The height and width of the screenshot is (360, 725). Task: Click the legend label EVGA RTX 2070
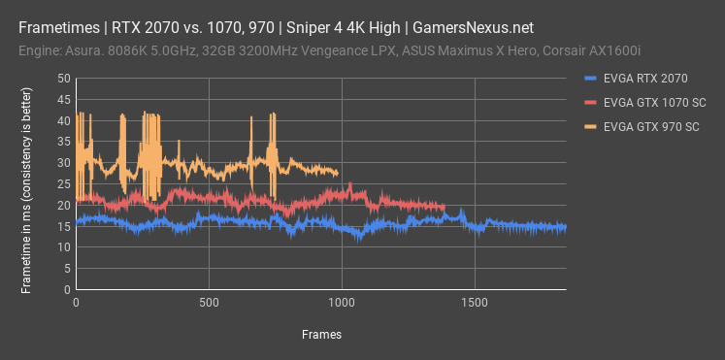(643, 79)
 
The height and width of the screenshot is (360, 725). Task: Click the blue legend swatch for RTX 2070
(591, 79)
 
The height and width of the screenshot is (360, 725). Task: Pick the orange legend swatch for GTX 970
(591, 126)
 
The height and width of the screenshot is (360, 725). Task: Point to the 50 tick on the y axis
(63, 79)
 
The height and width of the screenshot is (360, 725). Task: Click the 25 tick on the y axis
(63, 184)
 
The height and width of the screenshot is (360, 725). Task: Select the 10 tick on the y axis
(63, 247)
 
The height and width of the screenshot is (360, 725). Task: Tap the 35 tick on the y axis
(63, 142)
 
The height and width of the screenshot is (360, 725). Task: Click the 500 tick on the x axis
(209, 303)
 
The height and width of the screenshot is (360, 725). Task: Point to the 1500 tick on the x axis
(474, 303)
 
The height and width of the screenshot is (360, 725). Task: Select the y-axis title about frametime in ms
(27, 183)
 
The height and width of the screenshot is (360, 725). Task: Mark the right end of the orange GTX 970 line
(338, 174)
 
